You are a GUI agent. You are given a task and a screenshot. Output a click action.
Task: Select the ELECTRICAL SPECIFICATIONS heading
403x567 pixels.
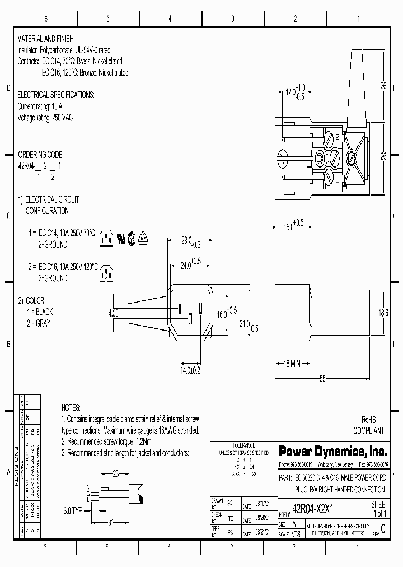[56, 95]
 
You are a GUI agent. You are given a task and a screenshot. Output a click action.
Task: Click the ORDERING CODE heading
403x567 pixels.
[41, 154]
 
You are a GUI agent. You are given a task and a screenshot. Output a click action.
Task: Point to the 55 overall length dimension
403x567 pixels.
[322, 379]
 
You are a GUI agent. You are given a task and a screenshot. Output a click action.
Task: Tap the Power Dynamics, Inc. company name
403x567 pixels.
[332, 450]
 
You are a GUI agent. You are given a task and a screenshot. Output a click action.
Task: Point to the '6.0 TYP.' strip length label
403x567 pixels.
[73, 510]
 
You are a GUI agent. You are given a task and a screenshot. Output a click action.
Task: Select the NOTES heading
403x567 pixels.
[71, 407]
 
